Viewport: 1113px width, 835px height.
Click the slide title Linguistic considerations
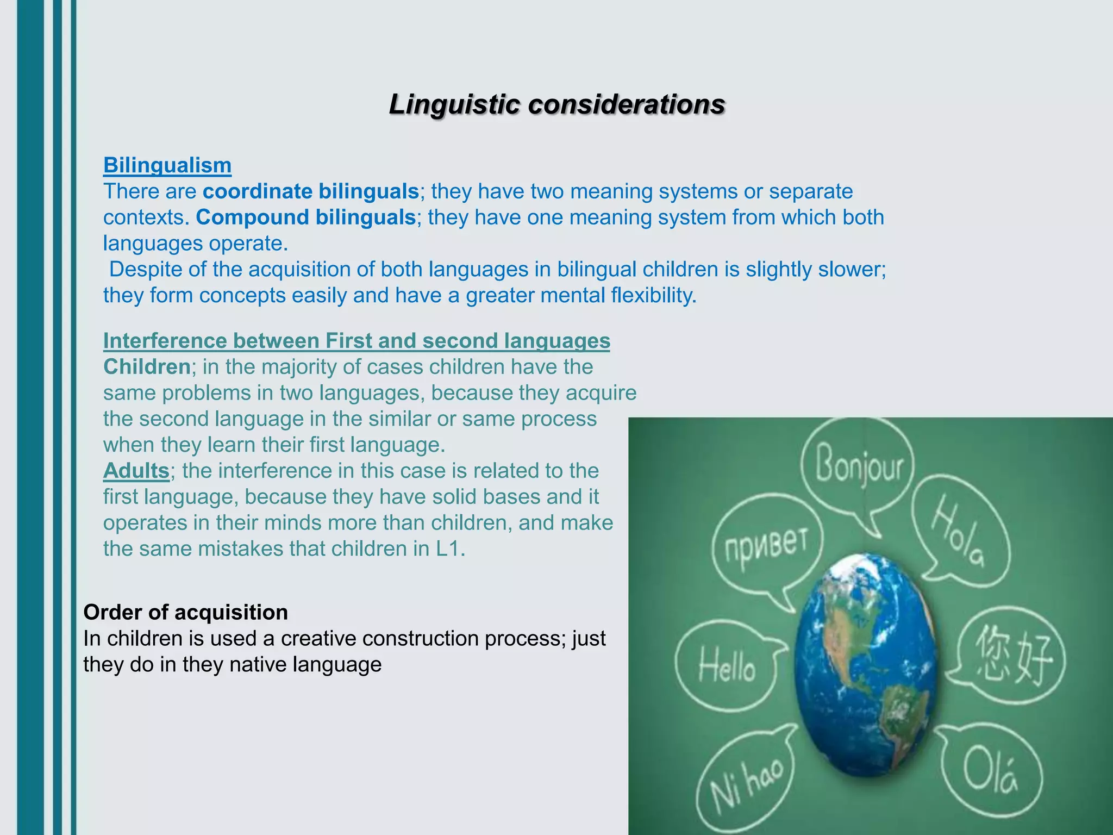tap(556, 104)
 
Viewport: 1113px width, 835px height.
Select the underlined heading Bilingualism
tap(167, 165)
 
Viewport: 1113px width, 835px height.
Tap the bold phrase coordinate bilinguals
tap(310, 191)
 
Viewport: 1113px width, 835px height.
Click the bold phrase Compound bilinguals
tap(305, 217)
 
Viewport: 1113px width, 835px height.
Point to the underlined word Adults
tap(136, 471)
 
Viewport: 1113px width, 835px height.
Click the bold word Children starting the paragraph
tap(147, 367)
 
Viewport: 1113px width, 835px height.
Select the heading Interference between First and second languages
tap(357, 341)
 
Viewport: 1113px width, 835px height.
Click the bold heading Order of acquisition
tap(185, 613)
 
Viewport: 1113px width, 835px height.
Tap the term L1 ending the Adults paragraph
tap(448, 549)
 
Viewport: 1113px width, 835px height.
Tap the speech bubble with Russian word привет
tap(766, 544)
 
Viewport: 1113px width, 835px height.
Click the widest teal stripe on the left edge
tap(30, 417)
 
